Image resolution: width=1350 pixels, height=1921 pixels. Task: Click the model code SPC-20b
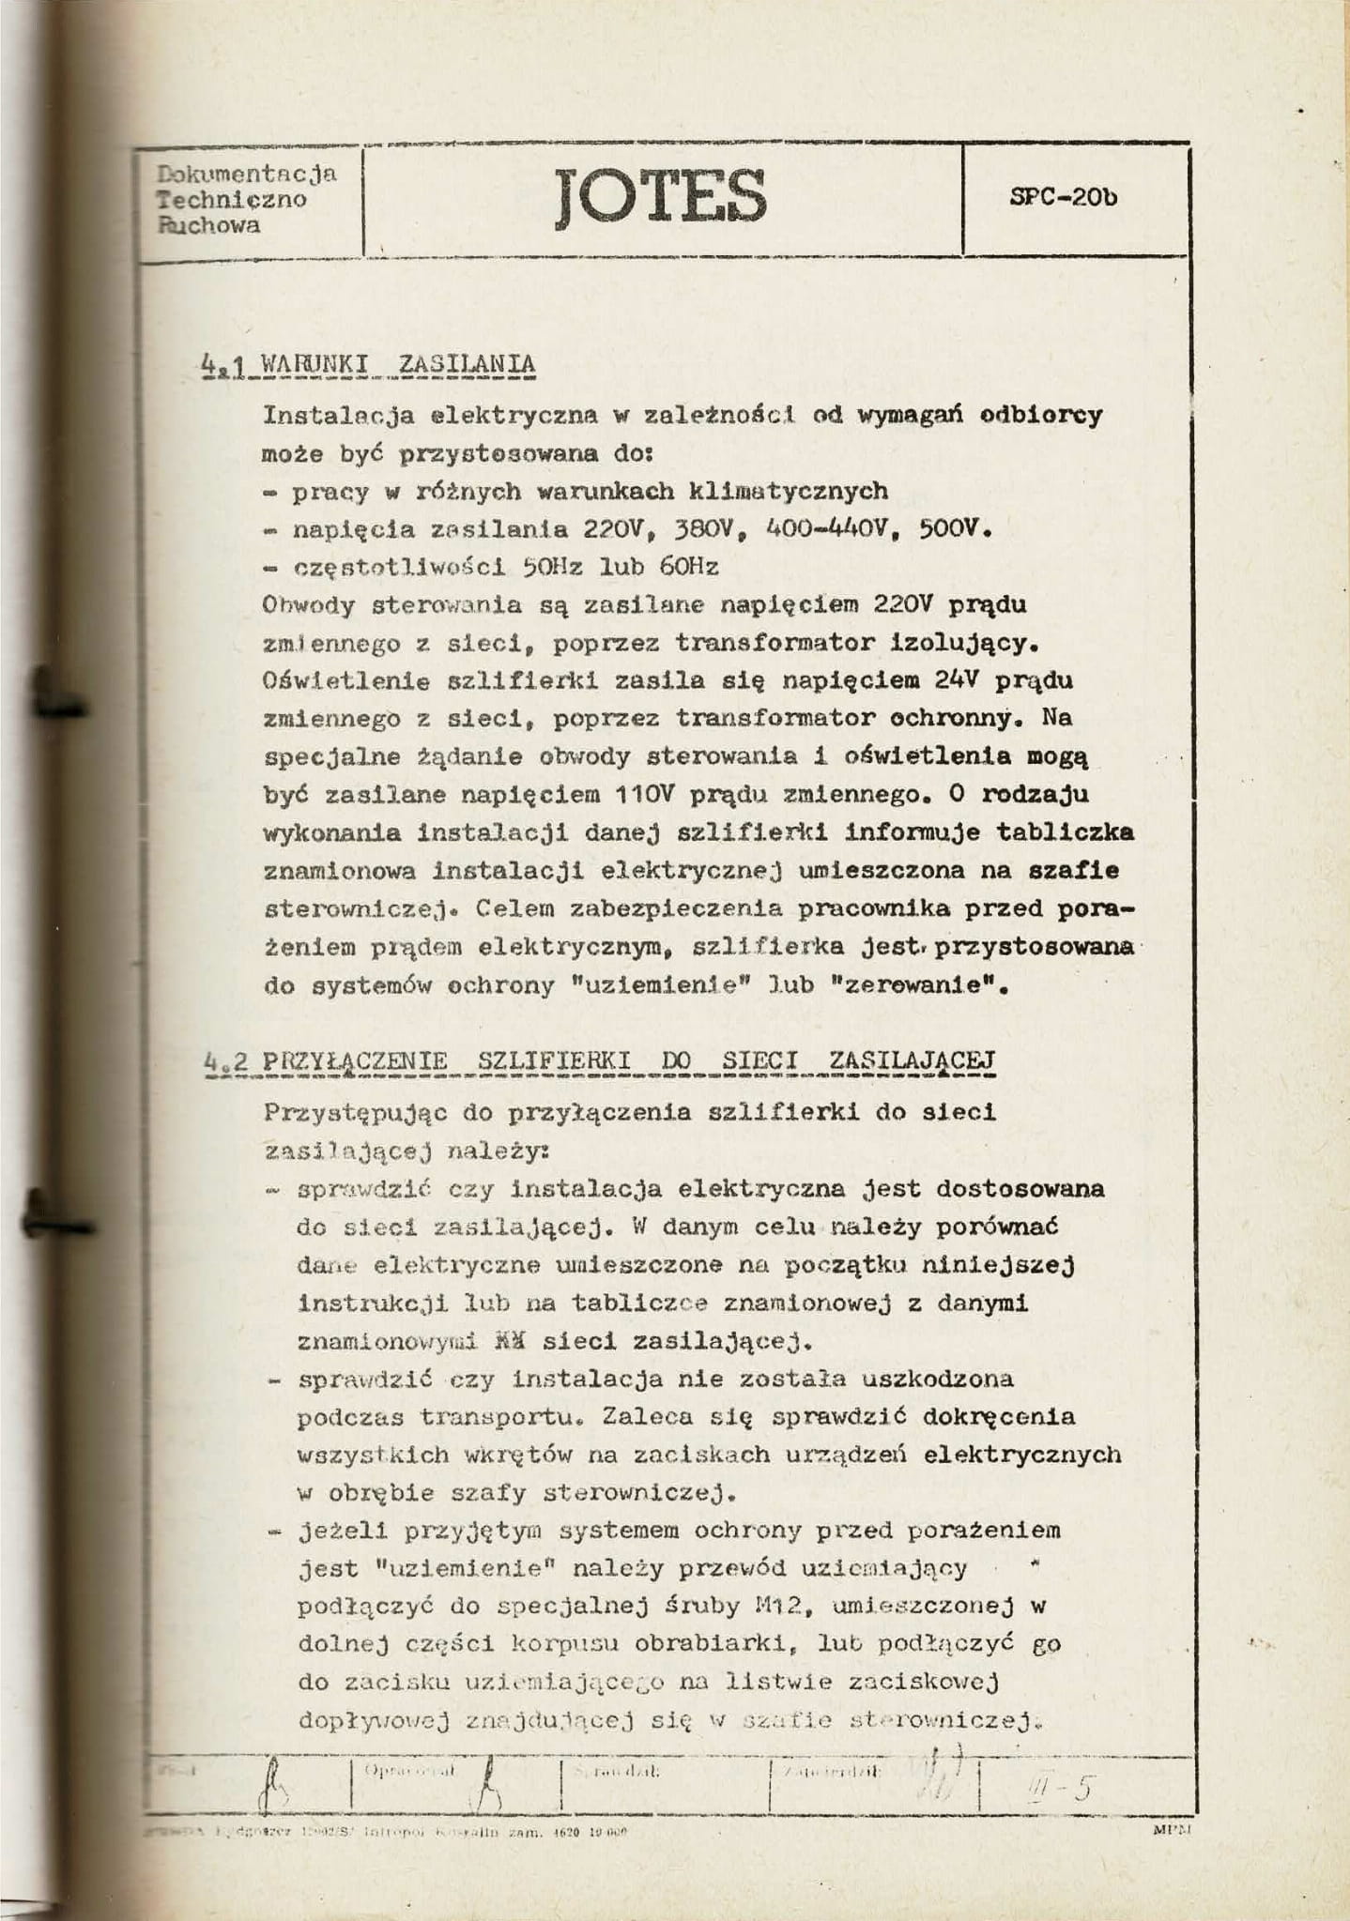[1064, 198]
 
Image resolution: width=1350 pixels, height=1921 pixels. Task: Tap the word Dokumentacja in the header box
[247, 174]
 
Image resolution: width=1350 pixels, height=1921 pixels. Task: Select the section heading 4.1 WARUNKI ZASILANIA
[369, 364]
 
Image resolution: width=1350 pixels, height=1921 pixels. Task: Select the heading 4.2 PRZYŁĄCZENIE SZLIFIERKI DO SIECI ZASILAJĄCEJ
[600, 1061]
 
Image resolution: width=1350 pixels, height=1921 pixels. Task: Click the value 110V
[645, 795]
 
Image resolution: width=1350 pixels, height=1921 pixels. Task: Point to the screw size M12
[781, 1606]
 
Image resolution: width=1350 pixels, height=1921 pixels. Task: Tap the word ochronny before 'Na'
[967, 719]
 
